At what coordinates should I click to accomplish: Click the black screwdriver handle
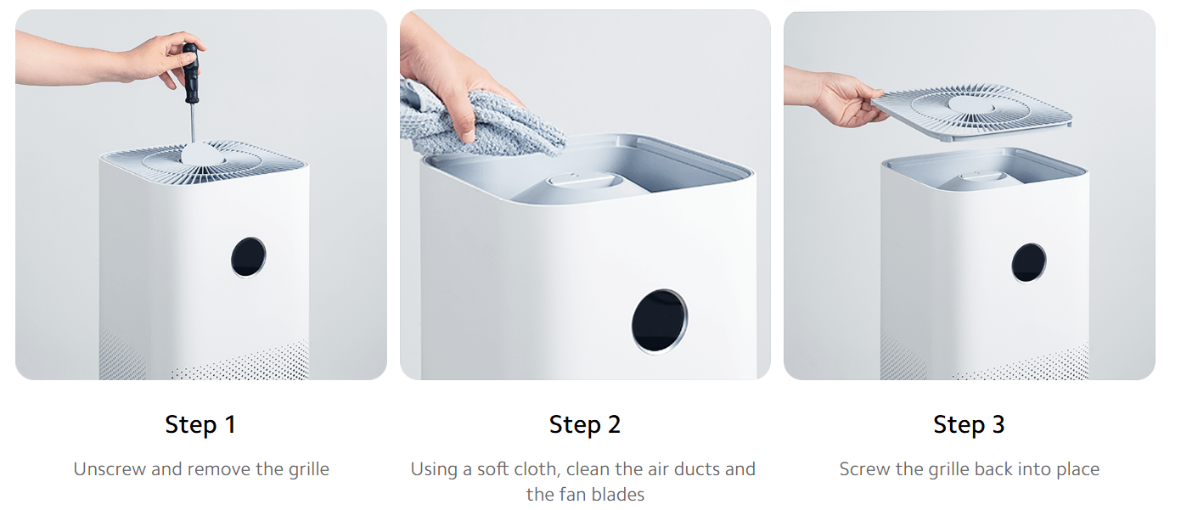coord(190,72)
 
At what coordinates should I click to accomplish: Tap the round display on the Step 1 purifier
coord(248,256)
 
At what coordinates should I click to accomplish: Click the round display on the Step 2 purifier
coord(659,322)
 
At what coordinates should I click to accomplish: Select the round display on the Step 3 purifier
coord(1028,262)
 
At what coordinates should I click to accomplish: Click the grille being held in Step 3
coord(972,111)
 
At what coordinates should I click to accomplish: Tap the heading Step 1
coord(200,424)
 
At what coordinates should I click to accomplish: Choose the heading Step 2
coord(584,424)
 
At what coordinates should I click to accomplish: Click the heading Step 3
coord(969,424)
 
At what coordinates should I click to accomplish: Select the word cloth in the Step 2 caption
coord(537,469)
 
